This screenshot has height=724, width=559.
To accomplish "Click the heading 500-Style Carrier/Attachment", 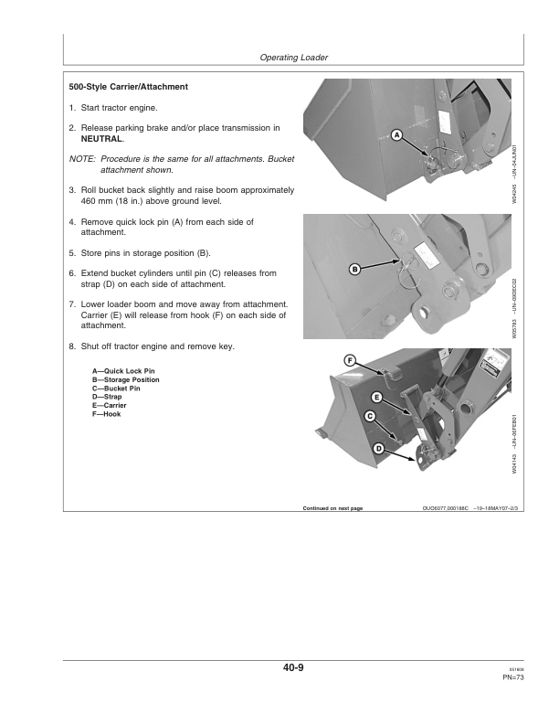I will click(x=129, y=87).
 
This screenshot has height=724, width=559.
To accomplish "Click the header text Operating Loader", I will click(x=294, y=58).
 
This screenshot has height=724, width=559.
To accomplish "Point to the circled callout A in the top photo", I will click(x=396, y=135).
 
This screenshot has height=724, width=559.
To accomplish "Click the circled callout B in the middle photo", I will click(x=355, y=269).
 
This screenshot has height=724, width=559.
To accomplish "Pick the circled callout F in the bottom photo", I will click(x=350, y=360).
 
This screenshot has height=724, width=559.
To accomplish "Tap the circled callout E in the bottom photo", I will click(x=376, y=398).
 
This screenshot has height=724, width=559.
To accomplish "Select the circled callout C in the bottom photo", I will click(x=370, y=417).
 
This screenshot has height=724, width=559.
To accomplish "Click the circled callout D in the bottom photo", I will click(x=378, y=448).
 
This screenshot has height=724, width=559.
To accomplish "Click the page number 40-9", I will click(x=293, y=668).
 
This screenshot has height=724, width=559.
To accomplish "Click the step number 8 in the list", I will click(x=72, y=346).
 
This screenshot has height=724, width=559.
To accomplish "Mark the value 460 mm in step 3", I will click(x=99, y=201).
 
